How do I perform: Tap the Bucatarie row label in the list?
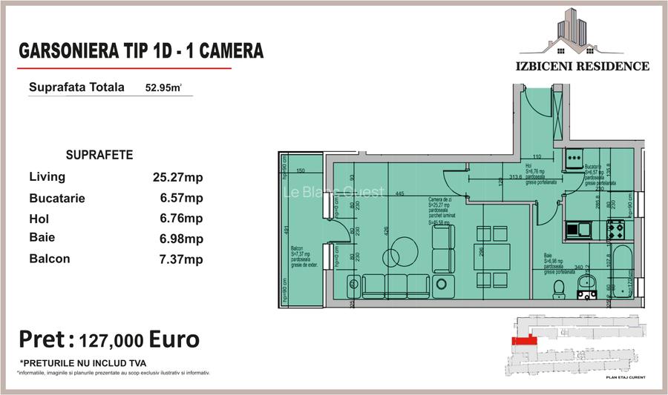tap(57, 199)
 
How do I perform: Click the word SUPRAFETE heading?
tap(99, 156)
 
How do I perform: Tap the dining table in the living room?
tap(492, 258)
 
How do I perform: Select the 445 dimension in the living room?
tap(399, 194)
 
